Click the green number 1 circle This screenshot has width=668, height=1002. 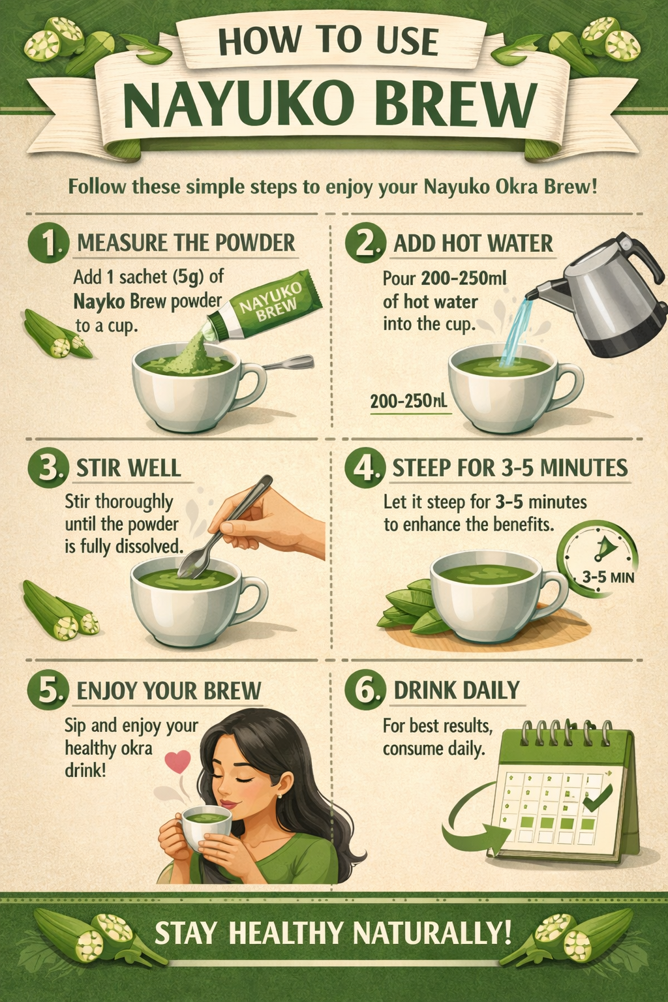click(48, 244)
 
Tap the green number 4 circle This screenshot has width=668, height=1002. click(365, 468)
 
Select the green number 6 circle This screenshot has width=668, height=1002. click(365, 690)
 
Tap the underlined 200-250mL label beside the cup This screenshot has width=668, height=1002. click(408, 401)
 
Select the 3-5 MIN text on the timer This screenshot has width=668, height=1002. click(608, 577)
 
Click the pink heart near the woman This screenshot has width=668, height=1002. click(177, 761)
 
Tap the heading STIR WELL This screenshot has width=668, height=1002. click(129, 468)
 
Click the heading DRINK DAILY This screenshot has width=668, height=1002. click(457, 690)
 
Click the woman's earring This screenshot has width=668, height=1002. click(279, 796)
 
